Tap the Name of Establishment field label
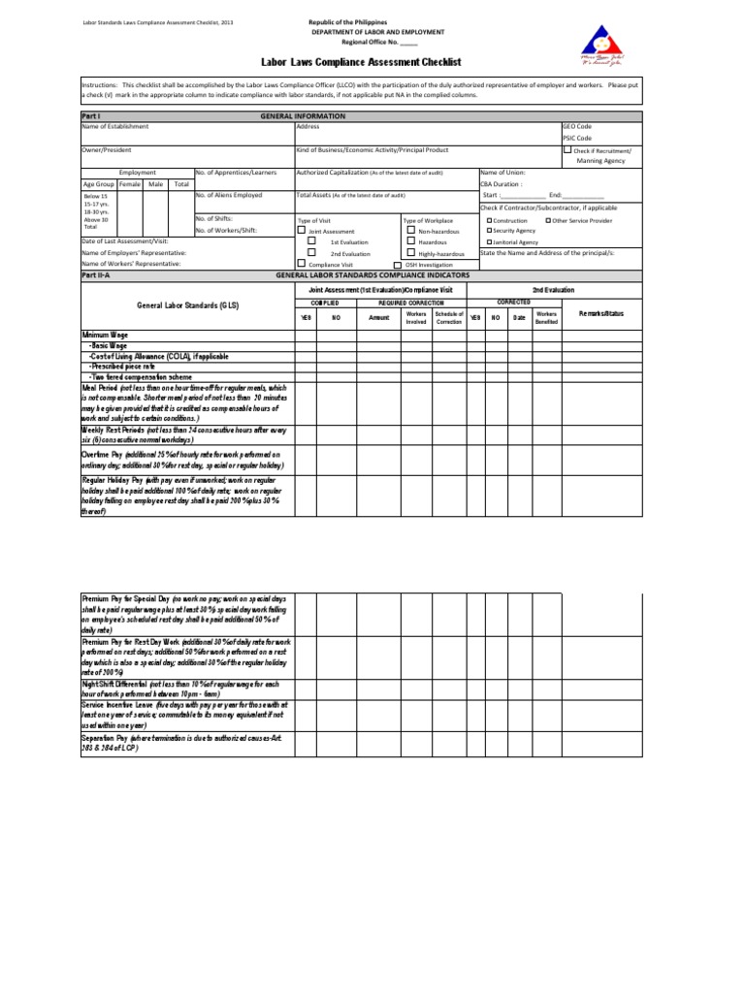[x=115, y=127]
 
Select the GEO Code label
[x=578, y=127]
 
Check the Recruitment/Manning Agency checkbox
[x=567, y=150]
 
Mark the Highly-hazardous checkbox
[x=411, y=252]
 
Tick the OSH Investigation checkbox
[x=397, y=264]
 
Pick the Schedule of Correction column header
[x=449, y=318]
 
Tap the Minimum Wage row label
[x=107, y=335]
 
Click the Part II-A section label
[x=96, y=275]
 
